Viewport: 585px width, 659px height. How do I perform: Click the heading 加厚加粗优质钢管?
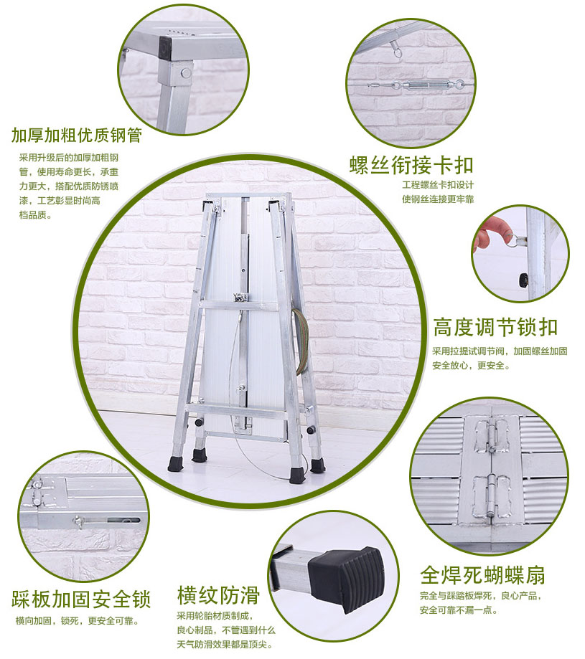pyautogui.click(x=77, y=136)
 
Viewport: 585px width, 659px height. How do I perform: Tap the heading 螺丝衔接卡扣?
pyautogui.click(x=411, y=165)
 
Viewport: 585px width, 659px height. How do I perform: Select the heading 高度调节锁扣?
pyautogui.click(x=495, y=328)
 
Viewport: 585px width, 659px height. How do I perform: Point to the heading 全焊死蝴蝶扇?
pyautogui.click(x=482, y=575)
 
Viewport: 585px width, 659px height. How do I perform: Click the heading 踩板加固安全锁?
pyautogui.click(x=80, y=599)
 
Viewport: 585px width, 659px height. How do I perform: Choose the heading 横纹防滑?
pyautogui.click(x=218, y=595)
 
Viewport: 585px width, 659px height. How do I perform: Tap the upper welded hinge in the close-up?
pyautogui.click(x=492, y=435)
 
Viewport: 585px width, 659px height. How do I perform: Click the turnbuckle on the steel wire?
pyautogui.click(x=428, y=85)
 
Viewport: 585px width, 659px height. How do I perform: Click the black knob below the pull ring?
pyautogui.click(x=524, y=280)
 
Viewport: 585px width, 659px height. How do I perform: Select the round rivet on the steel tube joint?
pyautogui.click(x=185, y=72)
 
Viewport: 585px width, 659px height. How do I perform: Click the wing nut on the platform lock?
pyautogui.click(x=78, y=523)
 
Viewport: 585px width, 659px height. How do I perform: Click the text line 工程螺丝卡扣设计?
pyautogui.click(x=438, y=185)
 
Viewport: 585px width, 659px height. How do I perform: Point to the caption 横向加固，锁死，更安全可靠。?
pyautogui.click(x=78, y=621)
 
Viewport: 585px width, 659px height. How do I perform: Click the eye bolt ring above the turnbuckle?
pyautogui.click(x=396, y=50)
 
